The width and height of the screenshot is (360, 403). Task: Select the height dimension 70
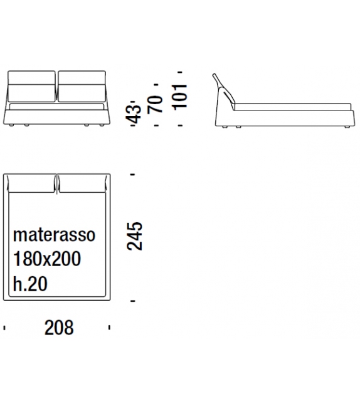(157, 104)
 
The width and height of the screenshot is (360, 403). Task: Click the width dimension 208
(58, 327)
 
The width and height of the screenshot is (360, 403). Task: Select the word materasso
(54, 235)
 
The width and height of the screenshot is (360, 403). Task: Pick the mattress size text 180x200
(47, 259)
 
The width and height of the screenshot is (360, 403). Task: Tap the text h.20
(30, 284)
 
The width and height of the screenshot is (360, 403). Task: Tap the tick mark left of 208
(5, 327)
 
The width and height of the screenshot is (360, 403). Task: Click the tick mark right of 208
(110, 327)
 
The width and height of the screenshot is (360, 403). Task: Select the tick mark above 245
(133, 174)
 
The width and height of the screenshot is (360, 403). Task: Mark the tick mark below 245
(133, 302)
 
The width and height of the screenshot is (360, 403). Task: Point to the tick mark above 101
(179, 72)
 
